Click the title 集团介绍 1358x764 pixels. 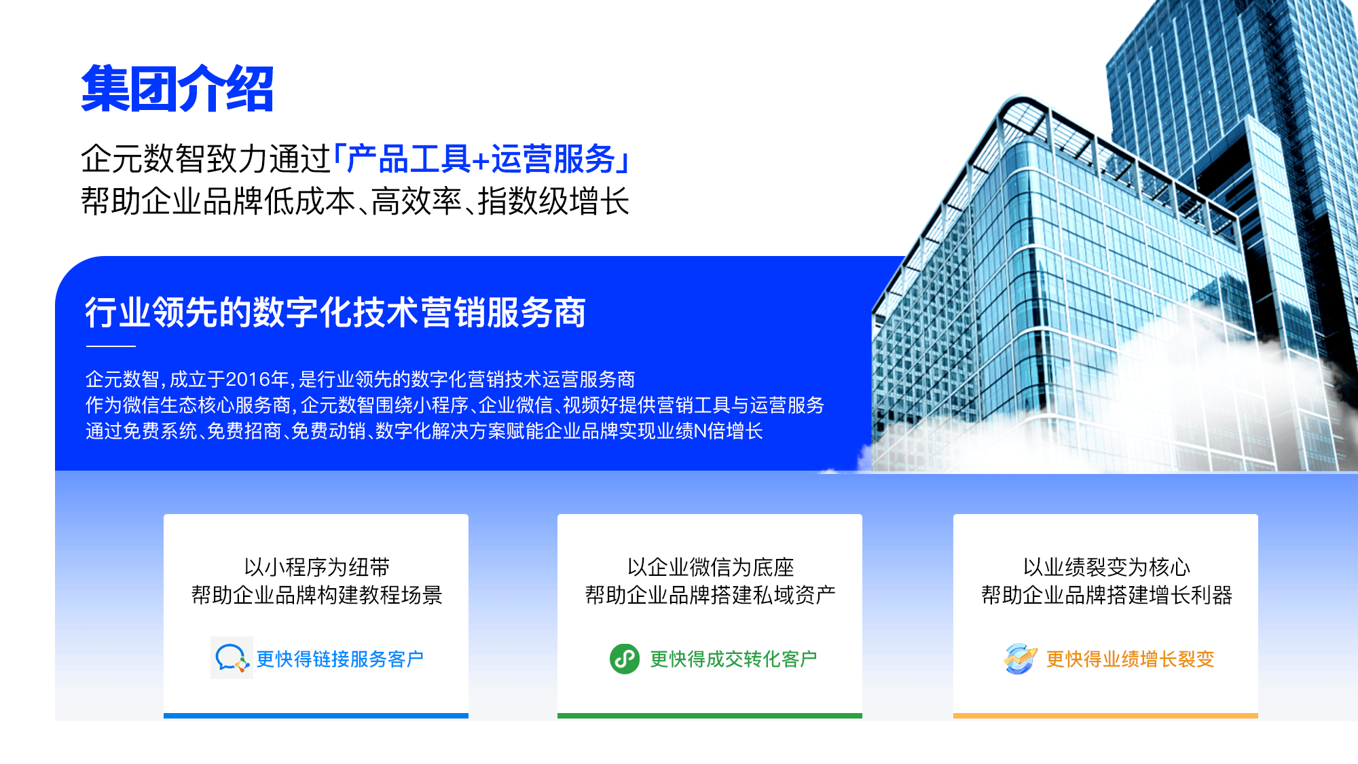tap(177, 89)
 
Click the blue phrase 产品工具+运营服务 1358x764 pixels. tap(481, 160)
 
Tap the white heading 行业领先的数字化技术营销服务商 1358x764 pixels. tap(335, 313)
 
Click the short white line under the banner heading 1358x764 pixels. tap(111, 346)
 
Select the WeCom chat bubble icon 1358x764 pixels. tap(231, 658)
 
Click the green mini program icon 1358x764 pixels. tap(624, 659)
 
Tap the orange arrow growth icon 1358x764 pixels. tap(1020, 659)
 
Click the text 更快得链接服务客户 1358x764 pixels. tap(339, 659)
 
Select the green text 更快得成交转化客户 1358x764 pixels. tap(733, 659)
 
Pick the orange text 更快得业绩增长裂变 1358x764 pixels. tap(1130, 659)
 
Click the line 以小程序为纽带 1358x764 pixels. tap(316, 567)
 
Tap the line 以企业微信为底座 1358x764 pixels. tap(710, 567)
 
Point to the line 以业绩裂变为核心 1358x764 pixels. tap(1106, 567)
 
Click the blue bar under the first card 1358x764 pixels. tap(316, 715)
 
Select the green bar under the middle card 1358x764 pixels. tap(710, 715)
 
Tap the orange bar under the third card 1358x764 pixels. tap(1105, 715)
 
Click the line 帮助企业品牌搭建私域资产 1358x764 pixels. tap(710, 595)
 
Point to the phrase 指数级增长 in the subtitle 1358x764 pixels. tap(553, 202)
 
